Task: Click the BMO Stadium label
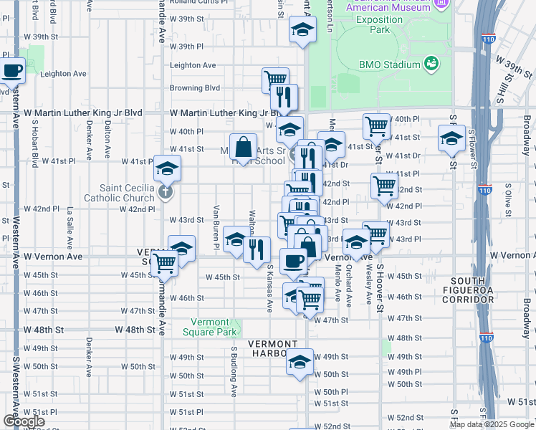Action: [389, 64]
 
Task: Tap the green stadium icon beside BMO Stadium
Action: [431, 64]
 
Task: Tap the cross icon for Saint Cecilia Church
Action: [166, 192]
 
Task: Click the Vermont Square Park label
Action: [214, 328]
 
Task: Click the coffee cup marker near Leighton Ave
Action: [12, 71]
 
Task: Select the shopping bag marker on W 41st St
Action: [244, 147]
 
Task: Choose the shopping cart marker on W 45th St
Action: [165, 263]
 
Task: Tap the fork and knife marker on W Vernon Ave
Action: [257, 249]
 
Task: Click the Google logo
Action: [24, 421]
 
